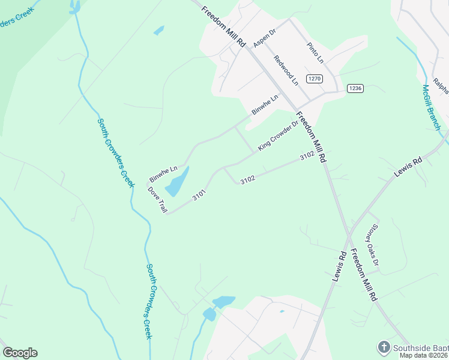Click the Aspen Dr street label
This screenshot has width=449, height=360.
264,39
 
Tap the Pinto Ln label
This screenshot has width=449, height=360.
315,53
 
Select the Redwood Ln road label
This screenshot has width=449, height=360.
286,70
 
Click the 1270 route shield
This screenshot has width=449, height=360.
315,79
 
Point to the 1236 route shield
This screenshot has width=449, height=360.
355,88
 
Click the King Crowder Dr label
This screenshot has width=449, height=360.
278,137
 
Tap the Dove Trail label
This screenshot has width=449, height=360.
158,200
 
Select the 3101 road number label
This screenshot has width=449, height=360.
200,196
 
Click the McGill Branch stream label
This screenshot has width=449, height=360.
430,107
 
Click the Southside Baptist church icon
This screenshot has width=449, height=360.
384,347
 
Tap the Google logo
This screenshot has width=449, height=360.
20,353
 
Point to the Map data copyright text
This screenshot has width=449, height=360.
424,355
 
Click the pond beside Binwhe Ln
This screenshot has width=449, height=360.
177,181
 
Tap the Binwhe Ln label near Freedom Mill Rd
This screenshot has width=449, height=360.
265,104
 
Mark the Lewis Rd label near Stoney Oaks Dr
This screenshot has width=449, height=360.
340,266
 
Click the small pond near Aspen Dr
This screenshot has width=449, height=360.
158,30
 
